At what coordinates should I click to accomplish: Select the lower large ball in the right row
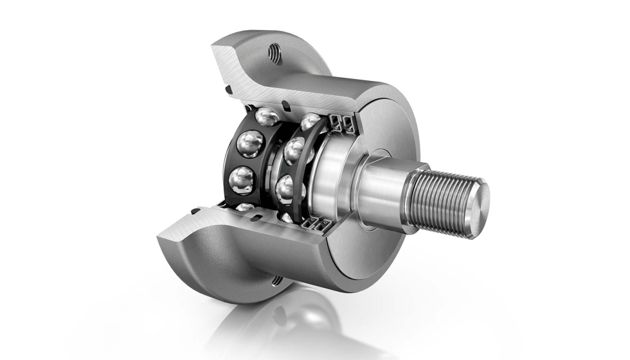pyautogui.click(x=287, y=188)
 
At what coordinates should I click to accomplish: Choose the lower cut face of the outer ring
pyautogui.click(x=251, y=222)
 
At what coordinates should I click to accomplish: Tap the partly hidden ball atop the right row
pyautogui.click(x=309, y=120)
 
